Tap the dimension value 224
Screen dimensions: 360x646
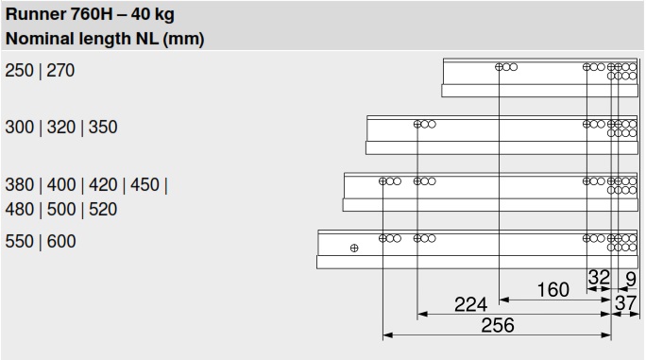click(x=469, y=304)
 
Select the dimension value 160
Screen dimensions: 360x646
click(x=552, y=289)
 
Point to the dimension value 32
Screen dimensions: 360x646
click(x=599, y=278)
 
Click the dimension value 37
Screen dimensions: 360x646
click(x=625, y=302)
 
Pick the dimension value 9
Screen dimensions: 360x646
click(x=630, y=279)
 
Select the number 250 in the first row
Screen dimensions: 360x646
click(x=19, y=71)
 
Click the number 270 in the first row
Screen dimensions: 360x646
click(x=59, y=71)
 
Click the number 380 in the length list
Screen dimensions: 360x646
click(x=20, y=185)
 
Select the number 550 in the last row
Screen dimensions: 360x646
click(x=20, y=242)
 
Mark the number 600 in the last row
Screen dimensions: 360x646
click(x=61, y=242)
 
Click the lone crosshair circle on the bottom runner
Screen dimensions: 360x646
click(x=354, y=249)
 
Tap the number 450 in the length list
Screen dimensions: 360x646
click(x=144, y=185)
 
